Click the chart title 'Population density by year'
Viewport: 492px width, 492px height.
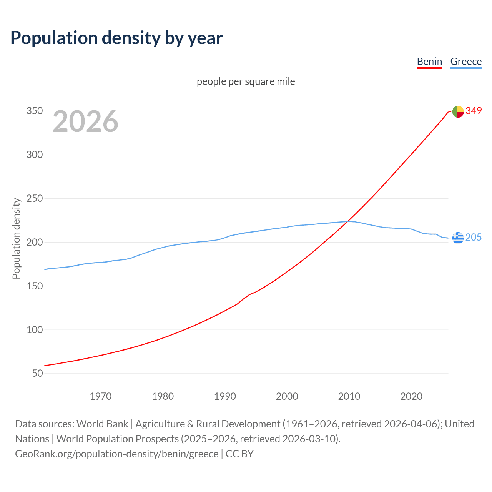[x=116, y=38]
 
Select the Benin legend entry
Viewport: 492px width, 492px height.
[x=429, y=61]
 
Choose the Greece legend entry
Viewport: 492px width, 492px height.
[x=466, y=61]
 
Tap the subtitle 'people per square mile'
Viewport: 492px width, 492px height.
[x=246, y=81]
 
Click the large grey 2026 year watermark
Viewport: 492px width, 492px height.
[x=85, y=121]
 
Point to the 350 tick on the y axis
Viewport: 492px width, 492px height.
[x=34, y=111]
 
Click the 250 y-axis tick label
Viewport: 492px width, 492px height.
[x=34, y=199]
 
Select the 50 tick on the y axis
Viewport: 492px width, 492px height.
[x=37, y=374]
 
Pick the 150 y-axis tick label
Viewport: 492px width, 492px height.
[x=34, y=286]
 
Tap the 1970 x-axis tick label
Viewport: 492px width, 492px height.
[x=101, y=396]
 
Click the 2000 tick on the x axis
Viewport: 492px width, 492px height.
[x=287, y=396]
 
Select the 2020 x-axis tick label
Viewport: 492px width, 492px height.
[x=411, y=396]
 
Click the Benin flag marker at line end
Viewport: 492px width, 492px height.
[x=458, y=111]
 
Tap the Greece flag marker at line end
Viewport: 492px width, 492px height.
[x=458, y=238]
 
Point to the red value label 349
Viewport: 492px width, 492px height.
[x=474, y=111]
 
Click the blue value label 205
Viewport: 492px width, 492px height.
[x=474, y=238]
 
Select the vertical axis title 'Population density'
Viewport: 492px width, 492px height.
[x=16, y=238]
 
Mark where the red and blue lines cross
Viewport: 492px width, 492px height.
[x=347, y=221]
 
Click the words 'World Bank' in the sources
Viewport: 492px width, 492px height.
[x=102, y=424]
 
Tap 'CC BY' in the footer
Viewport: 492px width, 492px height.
[x=239, y=454]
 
